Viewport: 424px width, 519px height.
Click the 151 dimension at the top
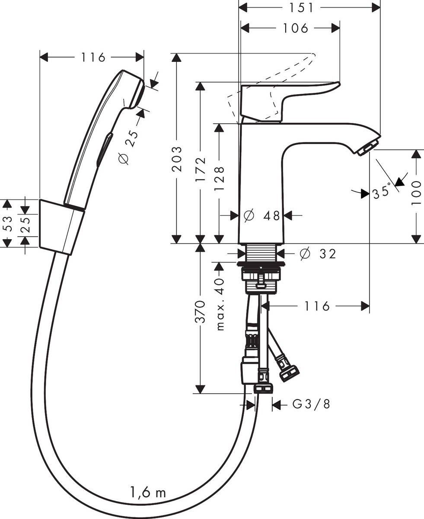tap(309, 7)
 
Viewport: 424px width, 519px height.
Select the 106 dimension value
tap(295, 28)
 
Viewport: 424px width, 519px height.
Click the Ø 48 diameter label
tap(262, 215)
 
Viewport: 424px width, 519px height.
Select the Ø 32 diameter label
tap(318, 254)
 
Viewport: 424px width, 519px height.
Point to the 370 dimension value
tap(200, 312)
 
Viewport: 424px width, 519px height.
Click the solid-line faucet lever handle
tap(285, 97)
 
